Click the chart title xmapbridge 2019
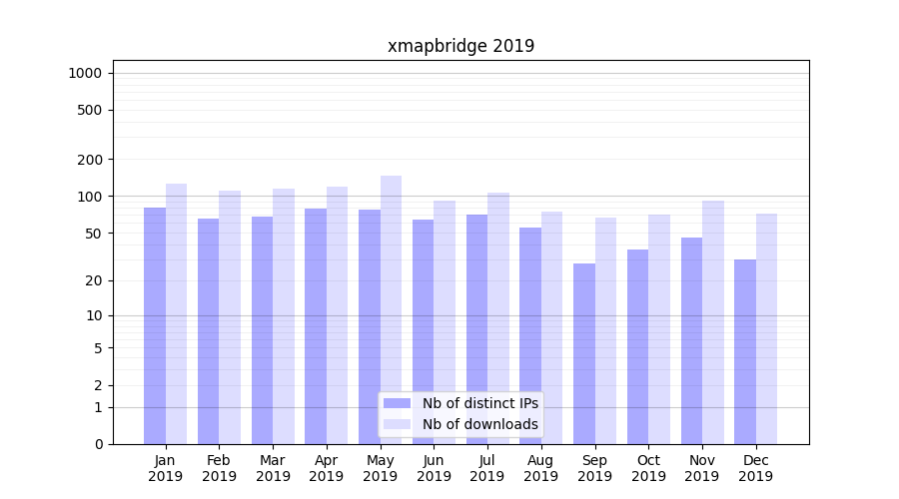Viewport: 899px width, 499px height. click(460, 46)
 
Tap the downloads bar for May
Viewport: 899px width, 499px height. click(391, 309)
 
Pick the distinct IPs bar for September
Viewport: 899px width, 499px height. click(584, 353)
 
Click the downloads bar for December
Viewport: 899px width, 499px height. click(766, 328)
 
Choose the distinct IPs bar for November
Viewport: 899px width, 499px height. click(691, 340)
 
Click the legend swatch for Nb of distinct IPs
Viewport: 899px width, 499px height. click(397, 403)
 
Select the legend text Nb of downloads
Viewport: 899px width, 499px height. click(479, 424)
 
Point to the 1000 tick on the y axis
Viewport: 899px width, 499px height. click(85, 73)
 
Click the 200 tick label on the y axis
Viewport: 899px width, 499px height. click(91, 160)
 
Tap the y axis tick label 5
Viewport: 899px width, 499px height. click(98, 348)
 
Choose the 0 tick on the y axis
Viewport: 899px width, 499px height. click(98, 444)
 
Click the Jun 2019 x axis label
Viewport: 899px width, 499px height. click(434, 468)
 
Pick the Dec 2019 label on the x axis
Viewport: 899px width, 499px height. click(755, 468)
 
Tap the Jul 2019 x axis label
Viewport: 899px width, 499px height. click(487, 468)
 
